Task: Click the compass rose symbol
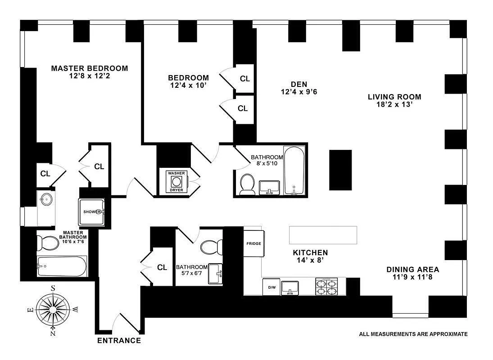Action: pyautogui.click(x=53, y=310)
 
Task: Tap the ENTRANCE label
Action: pyautogui.click(x=119, y=341)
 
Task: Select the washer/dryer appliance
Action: pyautogui.click(x=176, y=181)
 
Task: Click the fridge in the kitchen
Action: pyautogui.click(x=254, y=243)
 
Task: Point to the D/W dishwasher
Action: pyautogui.click(x=271, y=287)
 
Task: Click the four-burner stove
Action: pyautogui.click(x=326, y=287)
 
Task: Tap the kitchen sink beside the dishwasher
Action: pyautogui.click(x=290, y=288)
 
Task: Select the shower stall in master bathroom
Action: pyautogui.click(x=91, y=212)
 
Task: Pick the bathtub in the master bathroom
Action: pyautogui.click(x=62, y=266)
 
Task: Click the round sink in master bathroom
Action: pyautogui.click(x=46, y=198)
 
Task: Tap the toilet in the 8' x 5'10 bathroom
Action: pyautogui.click(x=247, y=184)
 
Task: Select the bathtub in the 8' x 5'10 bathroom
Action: pyautogui.click(x=294, y=170)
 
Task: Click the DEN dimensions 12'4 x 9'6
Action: pyautogui.click(x=299, y=92)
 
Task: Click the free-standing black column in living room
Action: pyautogui.click(x=340, y=170)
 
